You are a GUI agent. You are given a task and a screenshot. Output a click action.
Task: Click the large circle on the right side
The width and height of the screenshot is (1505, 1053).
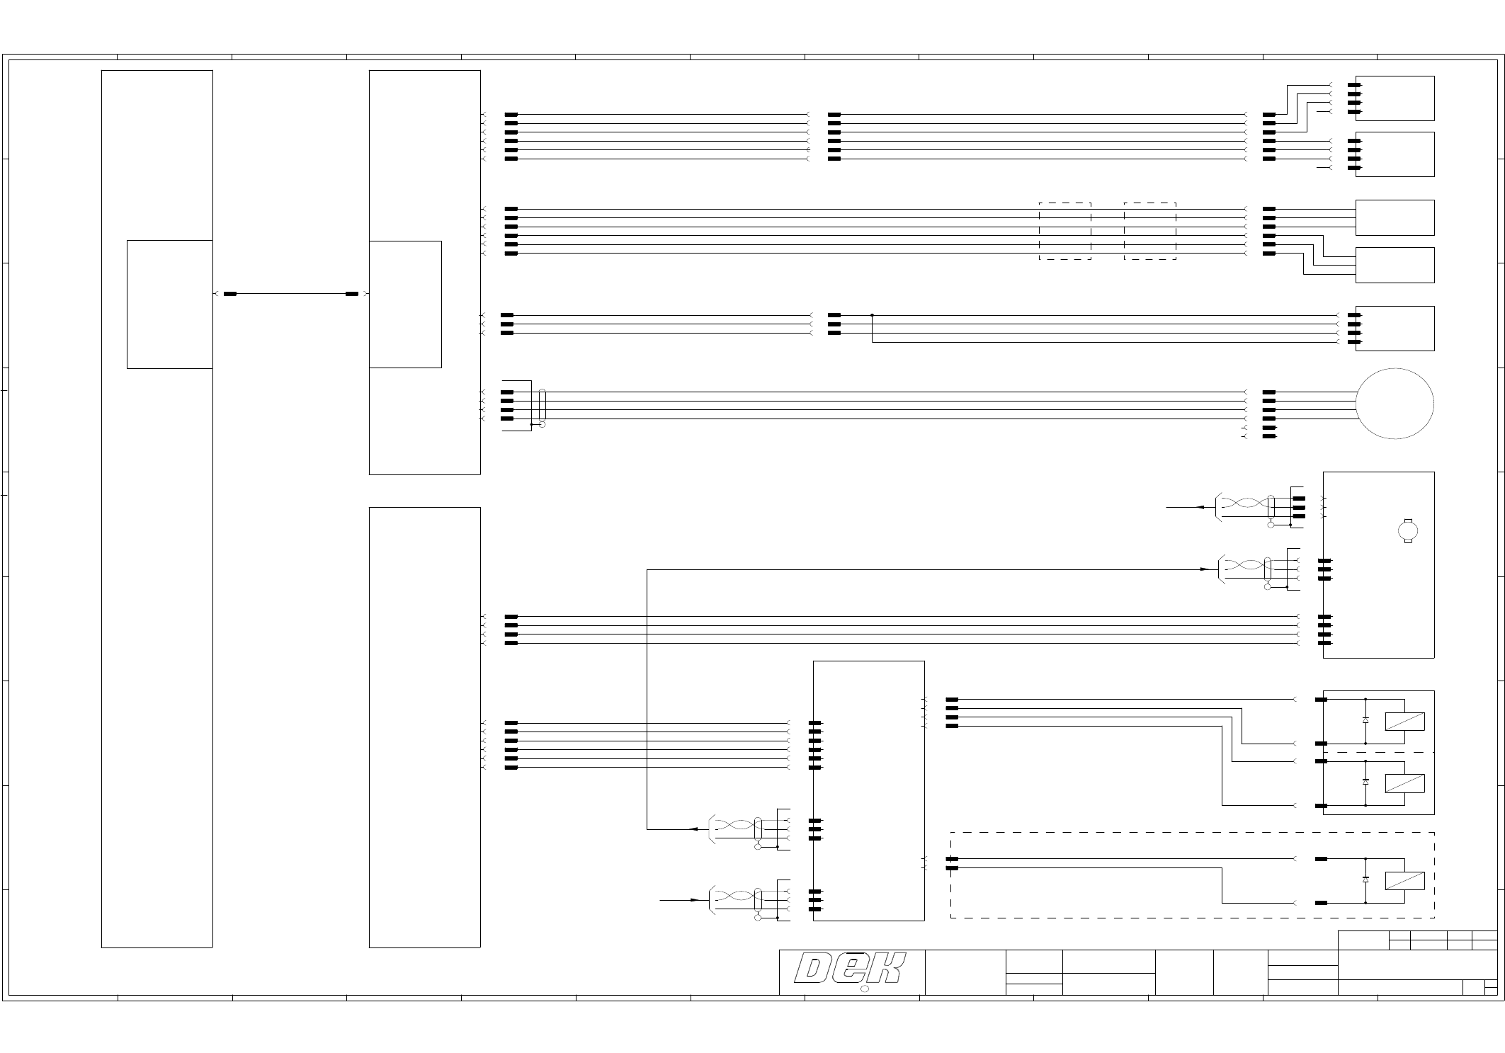(1395, 404)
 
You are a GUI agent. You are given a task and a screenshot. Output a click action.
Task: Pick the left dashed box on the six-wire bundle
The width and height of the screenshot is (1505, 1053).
(1064, 231)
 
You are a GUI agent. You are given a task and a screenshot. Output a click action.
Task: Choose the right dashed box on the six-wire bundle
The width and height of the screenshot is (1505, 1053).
(1149, 231)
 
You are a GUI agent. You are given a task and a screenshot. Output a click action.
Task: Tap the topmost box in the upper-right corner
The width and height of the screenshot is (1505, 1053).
(1394, 98)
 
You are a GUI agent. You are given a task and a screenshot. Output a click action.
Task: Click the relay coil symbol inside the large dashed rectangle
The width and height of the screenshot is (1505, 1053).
(1404, 881)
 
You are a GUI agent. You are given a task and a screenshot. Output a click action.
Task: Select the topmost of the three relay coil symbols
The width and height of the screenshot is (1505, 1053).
(1404, 722)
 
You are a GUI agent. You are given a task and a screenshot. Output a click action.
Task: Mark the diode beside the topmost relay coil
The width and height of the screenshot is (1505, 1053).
(1365, 720)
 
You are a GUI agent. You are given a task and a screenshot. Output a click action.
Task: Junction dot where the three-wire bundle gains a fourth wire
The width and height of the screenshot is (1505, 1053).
(872, 315)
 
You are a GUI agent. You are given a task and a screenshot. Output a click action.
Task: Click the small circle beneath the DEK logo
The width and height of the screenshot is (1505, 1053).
(864, 989)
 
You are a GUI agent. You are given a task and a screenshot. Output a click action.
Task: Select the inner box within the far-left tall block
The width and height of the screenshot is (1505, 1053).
(169, 304)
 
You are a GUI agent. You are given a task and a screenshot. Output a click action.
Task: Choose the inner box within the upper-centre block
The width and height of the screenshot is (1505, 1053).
(405, 304)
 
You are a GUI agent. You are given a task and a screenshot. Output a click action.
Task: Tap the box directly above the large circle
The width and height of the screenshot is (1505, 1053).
(1394, 329)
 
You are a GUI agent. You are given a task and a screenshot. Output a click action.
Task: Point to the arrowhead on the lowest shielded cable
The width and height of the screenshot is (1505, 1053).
(695, 900)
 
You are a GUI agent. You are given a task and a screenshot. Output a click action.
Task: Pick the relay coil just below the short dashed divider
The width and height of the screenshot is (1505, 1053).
(1404, 784)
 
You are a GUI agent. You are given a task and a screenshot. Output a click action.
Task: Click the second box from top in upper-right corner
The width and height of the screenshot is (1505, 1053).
(1394, 154)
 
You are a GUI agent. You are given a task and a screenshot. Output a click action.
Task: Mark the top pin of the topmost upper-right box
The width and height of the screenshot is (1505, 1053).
(1354, 85)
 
